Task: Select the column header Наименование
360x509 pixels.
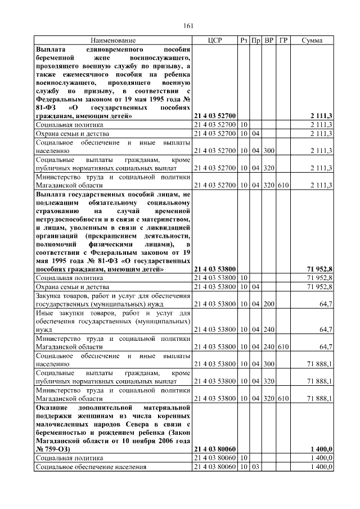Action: point(113,41)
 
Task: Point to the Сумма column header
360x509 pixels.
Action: point(312,41)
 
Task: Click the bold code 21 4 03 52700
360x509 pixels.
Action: point(215,116)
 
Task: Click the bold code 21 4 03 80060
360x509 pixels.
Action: point(215,449)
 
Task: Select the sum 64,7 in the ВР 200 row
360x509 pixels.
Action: point(325,304)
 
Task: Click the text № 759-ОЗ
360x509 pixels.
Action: point(56,449)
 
